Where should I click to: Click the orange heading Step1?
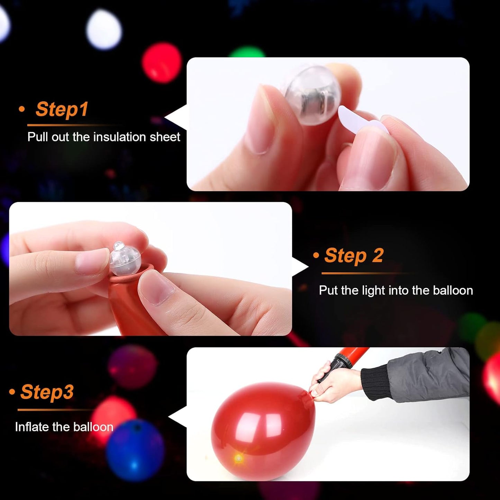coord(62,109)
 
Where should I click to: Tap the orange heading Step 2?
coord(354,256)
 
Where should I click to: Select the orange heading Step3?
coord(47,392)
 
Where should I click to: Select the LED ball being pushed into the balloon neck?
coord(125,259)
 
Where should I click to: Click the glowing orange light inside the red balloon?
coord(238,459)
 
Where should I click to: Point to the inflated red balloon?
coord(263,429)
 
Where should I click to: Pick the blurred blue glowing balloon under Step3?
coord(135,450)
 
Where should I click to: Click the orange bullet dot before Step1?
coord(22,109)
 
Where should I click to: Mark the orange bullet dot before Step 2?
coord(316,256)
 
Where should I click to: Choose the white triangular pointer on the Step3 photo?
coord(178,417)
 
